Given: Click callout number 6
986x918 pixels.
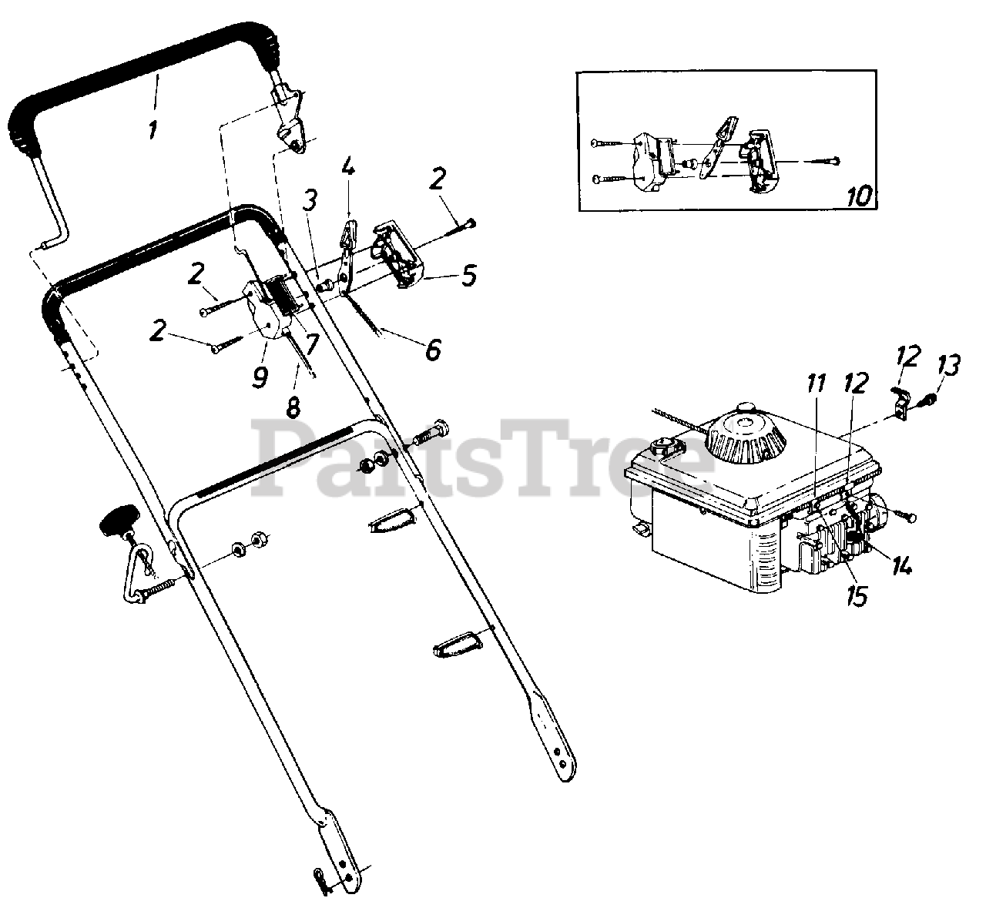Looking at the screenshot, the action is coord(433,350).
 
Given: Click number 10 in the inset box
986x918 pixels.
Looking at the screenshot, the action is coord(859,196).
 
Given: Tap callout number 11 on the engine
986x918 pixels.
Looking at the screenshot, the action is coord(817,383).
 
